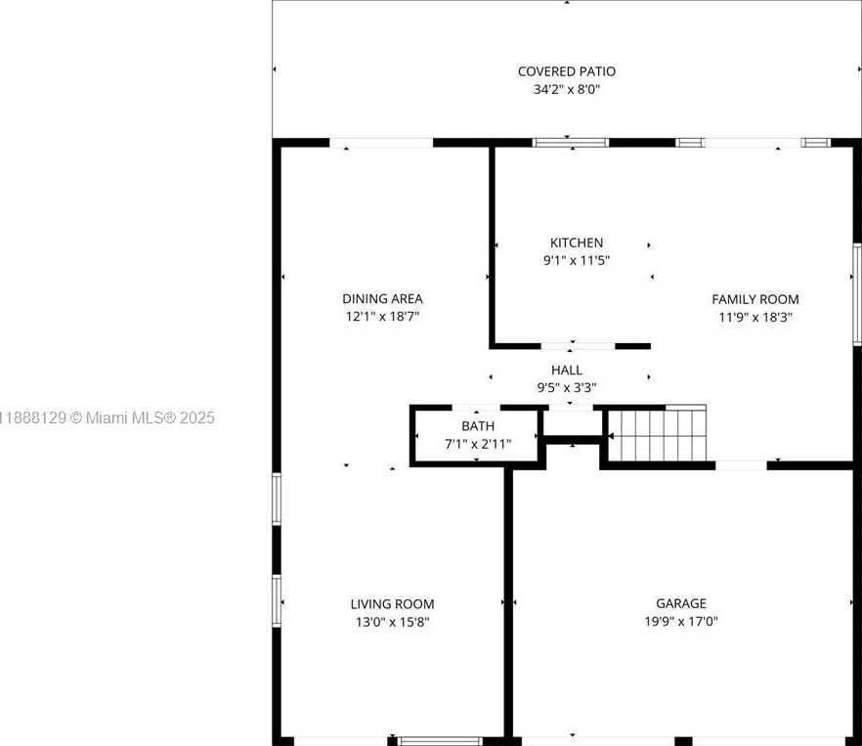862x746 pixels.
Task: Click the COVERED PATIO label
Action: coord(567,71)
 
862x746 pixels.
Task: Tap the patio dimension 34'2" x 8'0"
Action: coord(567,89)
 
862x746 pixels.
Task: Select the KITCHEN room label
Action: coord(577,242)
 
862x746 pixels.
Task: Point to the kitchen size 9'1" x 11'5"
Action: coord(577,260)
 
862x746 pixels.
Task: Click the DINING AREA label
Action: coord(383,299)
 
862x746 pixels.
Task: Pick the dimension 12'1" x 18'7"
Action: coord(383,317)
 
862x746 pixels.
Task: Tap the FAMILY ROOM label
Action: coord(755,299)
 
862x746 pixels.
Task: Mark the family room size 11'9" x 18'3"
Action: coord(755,317)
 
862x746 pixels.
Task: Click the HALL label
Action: coord(567,370)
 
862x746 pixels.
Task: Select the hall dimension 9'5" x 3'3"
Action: coord(567,387)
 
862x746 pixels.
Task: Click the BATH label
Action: coord(478,426)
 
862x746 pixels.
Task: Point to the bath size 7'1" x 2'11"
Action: coord(478,444)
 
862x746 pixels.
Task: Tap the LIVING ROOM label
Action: coord(393,604)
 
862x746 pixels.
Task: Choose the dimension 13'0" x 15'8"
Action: coord(393,622)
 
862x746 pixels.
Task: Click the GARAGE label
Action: coord(681,603)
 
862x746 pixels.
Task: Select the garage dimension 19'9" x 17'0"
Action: coord(681,621)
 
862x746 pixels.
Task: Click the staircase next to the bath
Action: coord(657,433)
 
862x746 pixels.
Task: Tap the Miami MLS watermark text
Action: coord(107,417)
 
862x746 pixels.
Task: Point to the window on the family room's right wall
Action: coord(857,294)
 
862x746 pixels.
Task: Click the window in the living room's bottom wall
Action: coord(441,741)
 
